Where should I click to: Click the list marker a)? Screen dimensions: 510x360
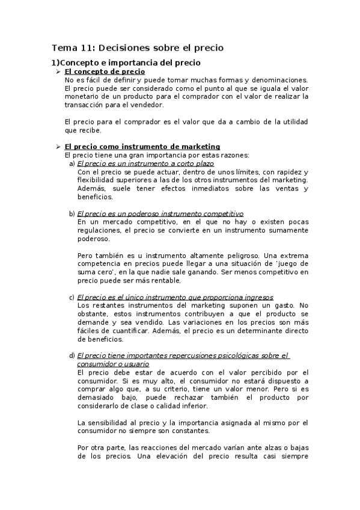[72, 164]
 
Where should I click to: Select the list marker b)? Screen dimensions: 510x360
[72, 214]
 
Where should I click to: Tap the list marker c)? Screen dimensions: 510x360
[72, 297]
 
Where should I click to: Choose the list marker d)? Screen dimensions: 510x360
[72, 355]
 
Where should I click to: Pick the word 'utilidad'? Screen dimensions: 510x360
[291, 121]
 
